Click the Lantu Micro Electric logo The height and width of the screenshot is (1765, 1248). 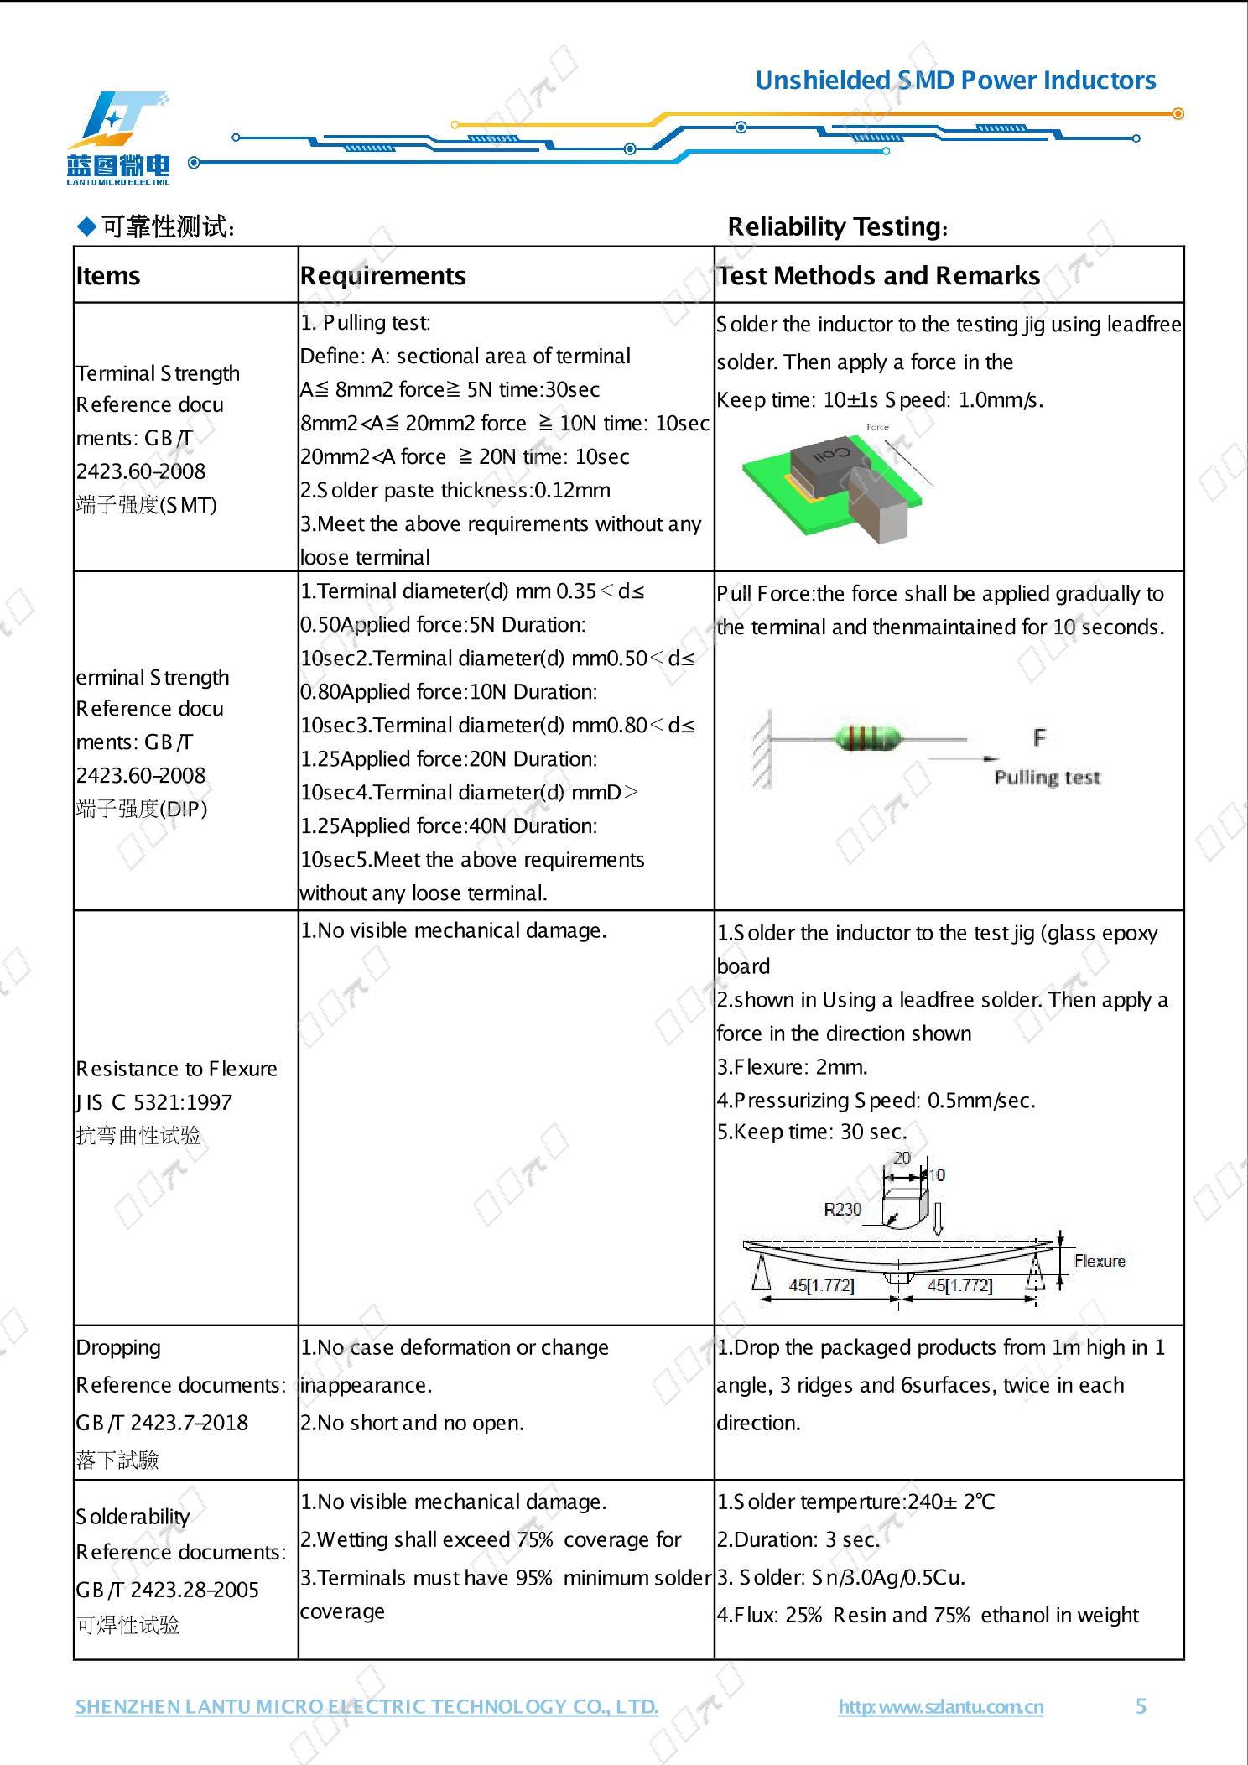118,137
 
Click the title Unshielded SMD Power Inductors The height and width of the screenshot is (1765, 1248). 955,81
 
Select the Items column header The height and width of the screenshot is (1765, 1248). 108,276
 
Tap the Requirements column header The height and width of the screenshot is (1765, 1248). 382,276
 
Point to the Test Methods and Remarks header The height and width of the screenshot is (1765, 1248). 878,276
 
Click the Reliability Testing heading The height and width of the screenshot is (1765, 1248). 837,226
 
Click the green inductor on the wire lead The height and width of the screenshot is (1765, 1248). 868,738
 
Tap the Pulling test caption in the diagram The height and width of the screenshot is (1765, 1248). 1047,778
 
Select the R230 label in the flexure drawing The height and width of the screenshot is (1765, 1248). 842,1209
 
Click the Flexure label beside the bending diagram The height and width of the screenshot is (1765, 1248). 1100,1261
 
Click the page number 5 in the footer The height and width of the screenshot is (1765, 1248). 1141,1706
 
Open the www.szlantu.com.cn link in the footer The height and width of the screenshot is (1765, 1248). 940,1707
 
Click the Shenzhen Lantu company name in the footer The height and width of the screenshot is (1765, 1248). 367,1707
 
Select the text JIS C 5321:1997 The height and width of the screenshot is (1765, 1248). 154,1102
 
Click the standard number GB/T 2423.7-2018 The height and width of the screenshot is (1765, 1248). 162,1423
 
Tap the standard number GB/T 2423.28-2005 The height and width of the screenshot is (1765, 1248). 167,1590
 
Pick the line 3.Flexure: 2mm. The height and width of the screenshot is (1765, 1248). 792,1067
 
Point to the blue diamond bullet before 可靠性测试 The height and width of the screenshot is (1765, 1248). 86,226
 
